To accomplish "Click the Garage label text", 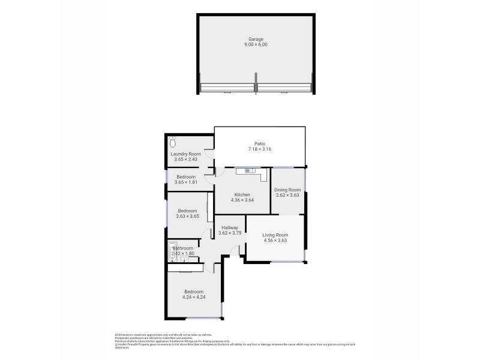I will [x=256, y=39].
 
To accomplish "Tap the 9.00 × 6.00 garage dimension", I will [x=256, y=44].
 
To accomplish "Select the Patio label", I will [x=260, y=143].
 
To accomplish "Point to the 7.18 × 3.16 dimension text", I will [x=260, y=149].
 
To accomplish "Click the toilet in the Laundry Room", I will [x=173, y=142].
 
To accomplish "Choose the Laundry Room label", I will [x=185, y=154].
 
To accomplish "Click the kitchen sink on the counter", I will [x=246, y=171].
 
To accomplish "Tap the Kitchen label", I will [x=242, y=194].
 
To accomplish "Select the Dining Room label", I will [x=287, y=190].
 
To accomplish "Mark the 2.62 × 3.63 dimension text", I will [x=287, y=195].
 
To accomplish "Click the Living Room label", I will [x=275, y=235].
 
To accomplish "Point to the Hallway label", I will [x=230, y=227].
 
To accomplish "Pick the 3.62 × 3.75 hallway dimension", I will [x=230, y=233].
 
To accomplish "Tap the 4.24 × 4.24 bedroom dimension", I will [x=194, y=296].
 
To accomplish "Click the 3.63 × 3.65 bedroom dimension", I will [x=187, y=216].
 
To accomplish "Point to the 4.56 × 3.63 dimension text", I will [x=275, y=240].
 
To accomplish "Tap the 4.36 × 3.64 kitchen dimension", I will [x=242, y=200].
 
